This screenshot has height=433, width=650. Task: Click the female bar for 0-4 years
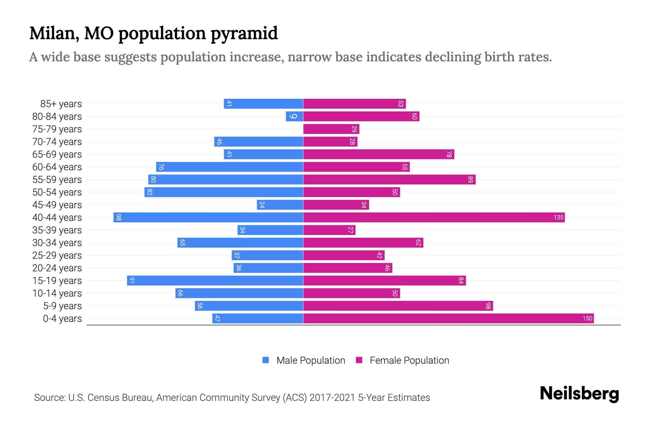pos(448,319)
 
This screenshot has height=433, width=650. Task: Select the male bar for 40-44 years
pos(208,218)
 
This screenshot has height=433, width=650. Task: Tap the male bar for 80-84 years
pos(294,117)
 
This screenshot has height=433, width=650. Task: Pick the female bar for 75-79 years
pos(331,129)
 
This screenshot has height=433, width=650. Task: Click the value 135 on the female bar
pos(558,218)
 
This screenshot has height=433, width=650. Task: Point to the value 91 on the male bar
pos(132,281)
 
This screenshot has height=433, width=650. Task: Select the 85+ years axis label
pos(61,104)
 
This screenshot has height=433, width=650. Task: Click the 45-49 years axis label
pos(57,205)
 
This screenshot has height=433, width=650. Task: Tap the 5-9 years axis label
pos(62,306)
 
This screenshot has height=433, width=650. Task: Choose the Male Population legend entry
pos(311,360)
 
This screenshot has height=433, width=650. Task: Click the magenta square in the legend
pos(359,360)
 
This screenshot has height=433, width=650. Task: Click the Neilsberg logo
pos(579,394)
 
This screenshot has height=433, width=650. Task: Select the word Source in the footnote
pos(49,398)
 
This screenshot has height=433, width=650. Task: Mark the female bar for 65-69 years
pos(378,154)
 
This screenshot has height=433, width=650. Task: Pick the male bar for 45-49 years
pos(280,205)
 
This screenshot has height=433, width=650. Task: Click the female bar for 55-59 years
pos(389,180)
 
